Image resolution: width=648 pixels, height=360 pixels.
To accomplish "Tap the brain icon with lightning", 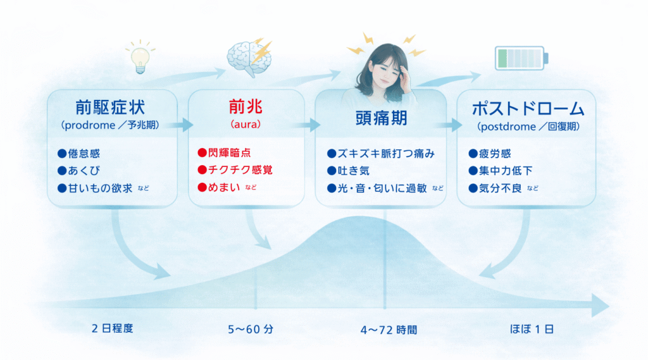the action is (x=249, y=58).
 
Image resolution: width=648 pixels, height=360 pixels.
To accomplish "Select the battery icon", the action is (x=521, y=58).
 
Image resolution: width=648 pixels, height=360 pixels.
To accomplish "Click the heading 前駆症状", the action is (x=110, y=108).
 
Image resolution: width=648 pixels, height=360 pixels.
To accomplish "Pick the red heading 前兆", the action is (x=246, y=107).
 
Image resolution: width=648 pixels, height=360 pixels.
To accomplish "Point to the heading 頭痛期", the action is (x=382, y=118).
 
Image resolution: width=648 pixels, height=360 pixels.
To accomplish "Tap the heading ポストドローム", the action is (x=528, y=109).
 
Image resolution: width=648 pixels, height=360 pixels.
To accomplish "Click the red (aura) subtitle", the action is (x=246, y=125).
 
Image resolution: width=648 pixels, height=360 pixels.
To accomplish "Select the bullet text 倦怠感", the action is (x=84, y=154).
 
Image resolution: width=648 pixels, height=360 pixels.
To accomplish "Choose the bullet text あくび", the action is (x=84, y=171).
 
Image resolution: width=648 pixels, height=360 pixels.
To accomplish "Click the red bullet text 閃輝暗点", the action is (x=229, y=153).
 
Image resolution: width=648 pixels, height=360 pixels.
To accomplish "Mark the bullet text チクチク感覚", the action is (x=240, y=170).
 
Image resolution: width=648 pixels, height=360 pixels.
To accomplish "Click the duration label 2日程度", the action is (x=112, y=328).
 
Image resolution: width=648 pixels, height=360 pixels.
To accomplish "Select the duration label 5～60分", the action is (x=251, y=330).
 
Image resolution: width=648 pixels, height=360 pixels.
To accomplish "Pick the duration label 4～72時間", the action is (x=389, y=330).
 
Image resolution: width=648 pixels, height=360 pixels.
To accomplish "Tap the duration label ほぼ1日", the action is (x=532, y=329).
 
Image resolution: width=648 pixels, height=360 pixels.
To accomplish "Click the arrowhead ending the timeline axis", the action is (x=601, y=306).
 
